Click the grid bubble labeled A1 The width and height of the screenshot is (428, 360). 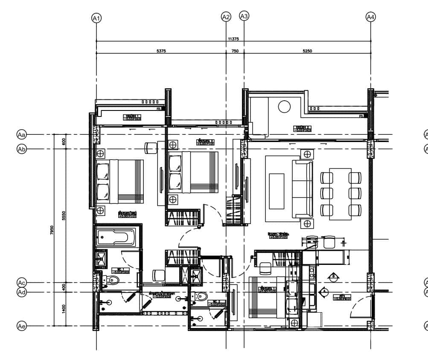pos(96,18)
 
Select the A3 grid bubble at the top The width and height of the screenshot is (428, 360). pos(244,16)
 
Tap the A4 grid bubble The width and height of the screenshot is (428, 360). pos(371,17)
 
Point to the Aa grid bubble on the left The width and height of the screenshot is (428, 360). pos(21,134)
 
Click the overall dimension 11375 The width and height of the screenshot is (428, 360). pos(233,39)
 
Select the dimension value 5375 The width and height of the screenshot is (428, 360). pos(161,51)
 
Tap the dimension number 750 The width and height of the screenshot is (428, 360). pos(235,51)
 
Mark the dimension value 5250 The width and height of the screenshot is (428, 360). pos(307,51)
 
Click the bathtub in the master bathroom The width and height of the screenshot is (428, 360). pos(116,237)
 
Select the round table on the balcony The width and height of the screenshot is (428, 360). pos(285,106)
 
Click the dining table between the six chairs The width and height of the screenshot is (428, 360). pos(341,194)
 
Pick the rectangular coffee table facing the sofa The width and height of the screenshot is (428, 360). pos(277,191)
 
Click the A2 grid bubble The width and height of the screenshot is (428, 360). pos(226,17)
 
